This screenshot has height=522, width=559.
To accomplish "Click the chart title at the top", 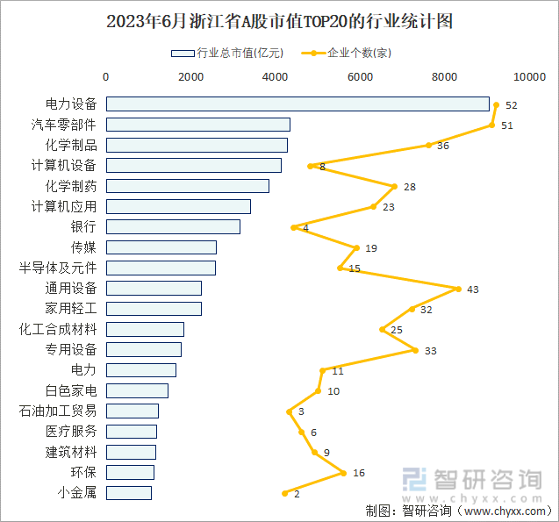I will [279, 22].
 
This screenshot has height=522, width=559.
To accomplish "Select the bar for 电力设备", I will [297, 104].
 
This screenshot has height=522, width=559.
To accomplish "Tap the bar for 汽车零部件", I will [198, 125].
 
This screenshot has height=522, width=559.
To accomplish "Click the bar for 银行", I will [173, 227].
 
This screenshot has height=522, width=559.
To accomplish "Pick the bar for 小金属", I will [129, 493].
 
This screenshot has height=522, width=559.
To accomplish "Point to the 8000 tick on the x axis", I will [445, 77].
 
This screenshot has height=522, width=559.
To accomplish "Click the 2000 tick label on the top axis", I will [191, 77].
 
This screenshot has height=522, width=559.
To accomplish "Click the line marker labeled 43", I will [458, 289].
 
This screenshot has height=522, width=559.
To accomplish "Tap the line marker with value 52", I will [496, 104].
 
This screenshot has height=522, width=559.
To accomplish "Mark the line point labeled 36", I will [428, 146].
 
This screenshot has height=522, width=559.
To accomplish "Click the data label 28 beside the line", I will [410, 187].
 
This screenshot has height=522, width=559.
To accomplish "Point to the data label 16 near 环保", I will [359, 473].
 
